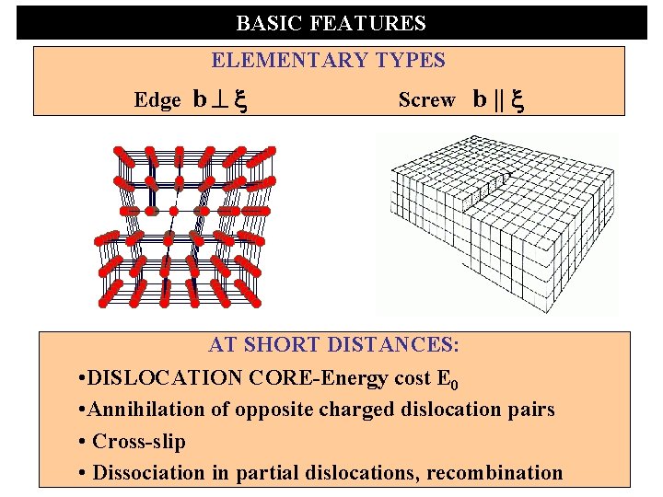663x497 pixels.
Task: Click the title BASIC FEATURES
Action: tap(331, 23)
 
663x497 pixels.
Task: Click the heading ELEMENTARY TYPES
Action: tap(328, 61)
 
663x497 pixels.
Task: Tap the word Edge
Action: tap(157, 100)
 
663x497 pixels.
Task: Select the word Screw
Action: tap(426, 100)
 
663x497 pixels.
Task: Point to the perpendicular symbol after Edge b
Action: tap(221, 100)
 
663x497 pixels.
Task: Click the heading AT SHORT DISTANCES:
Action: tap(333, 345)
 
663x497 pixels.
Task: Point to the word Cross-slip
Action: tap(139, 442)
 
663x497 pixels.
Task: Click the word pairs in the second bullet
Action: tap(529, 410)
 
